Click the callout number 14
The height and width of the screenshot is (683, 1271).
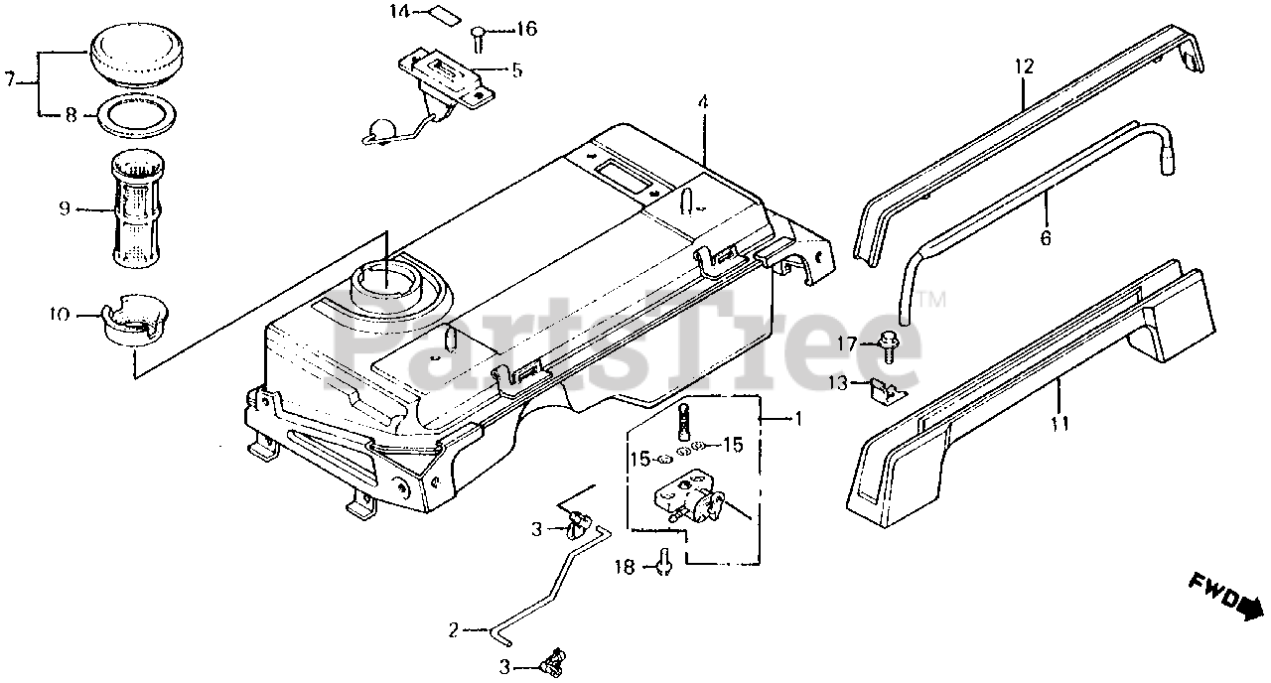tap(398, 13)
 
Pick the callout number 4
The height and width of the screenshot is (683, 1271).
tap(702, 102)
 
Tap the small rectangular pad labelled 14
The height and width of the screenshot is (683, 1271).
tap(439, 15)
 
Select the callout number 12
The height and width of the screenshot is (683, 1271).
tap(1024, 68)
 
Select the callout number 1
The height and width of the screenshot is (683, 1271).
tap(795, 419)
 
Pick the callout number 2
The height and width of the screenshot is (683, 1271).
tap(453, 629)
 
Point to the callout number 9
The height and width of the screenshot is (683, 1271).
tap(65, 209)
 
